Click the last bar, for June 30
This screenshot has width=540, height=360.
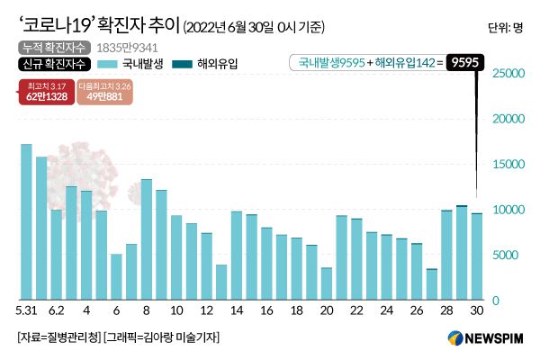[x=477, y=256]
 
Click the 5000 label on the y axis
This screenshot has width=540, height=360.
[x=508, y=256]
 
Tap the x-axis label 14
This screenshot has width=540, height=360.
[x=237, y=310]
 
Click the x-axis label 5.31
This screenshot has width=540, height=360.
[x=26, y=310]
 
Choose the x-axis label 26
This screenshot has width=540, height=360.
[x=417, y=310]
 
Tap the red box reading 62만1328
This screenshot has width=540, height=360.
[x=44, y=92]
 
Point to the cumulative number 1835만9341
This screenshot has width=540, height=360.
[x=116, y=46]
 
